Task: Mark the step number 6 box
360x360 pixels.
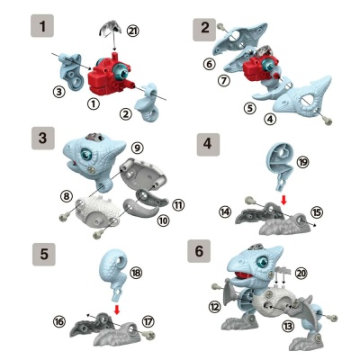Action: coord(199,251)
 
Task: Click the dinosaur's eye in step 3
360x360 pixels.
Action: coord(87,154)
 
